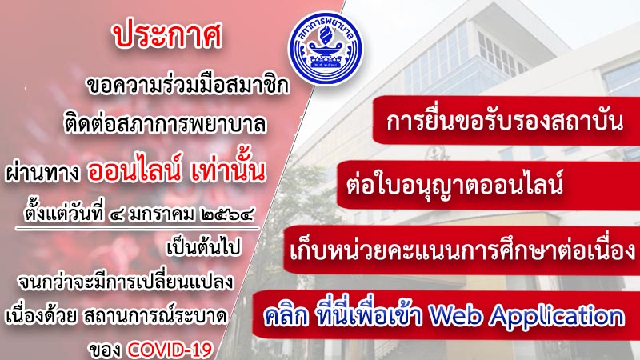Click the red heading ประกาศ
point(168,36)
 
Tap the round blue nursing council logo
point(325,48)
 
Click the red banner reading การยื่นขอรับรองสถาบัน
point(506,122)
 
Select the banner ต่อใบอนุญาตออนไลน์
point(488,186)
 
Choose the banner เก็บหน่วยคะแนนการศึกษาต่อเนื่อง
point(462,250)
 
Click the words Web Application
point(526,316)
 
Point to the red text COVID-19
point(170,350)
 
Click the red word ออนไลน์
point(134,170)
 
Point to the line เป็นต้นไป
point(204,248)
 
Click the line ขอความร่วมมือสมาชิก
point(188,86)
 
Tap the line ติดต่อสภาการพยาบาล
point(166,124)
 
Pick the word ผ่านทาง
point(42,173)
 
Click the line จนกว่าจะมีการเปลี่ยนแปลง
point(126,282)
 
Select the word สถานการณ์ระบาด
point(155,316)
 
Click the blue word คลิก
point(286,317)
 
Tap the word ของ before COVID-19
point(106,350)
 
